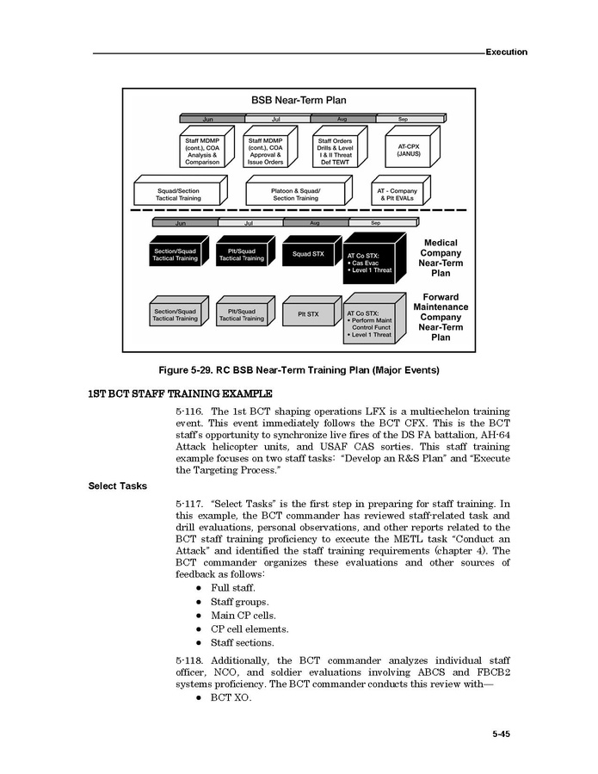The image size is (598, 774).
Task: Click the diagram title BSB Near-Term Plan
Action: click(299, 100)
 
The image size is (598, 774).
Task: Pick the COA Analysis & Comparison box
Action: click(202, 151)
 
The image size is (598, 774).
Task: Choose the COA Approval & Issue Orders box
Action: click(265, 151)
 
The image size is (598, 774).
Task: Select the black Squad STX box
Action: click(307, 253)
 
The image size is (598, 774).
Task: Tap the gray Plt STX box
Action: click(307, 314)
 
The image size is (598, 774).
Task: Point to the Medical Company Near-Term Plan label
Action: click(440, 258)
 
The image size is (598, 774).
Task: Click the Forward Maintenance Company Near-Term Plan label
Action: click(440, 317)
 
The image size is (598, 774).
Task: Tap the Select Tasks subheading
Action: click(118, 486)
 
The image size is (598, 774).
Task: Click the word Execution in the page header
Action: click(506, 52)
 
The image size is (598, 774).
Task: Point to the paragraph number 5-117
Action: click(188, 504)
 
